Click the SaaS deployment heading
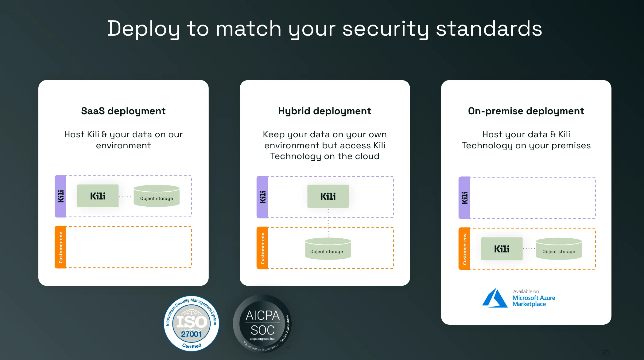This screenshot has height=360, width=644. (x=123, y=111)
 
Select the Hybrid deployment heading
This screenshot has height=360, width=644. (x=324, y=111)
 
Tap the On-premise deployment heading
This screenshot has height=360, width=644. (x=526, y=111)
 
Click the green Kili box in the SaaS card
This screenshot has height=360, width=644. (x=98, y=196)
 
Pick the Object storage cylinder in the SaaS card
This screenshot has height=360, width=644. (x=157, y=196)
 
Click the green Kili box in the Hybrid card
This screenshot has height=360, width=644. (x=328, y=196)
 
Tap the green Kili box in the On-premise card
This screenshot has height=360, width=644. (x=502, y=249)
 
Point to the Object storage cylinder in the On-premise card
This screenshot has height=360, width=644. (x=559, y=249)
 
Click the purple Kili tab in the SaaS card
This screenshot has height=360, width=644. (x=60, y=196)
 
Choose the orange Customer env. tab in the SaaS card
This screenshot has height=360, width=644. (x=60, y=247)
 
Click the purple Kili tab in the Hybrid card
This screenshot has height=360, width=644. (x=262, y=197)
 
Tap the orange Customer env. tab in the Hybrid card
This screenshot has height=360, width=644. (x=262, y=248)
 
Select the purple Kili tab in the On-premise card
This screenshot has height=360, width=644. (x=464, y=198)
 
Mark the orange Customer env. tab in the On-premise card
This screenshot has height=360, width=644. (x=464, y=249)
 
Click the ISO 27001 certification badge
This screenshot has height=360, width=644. (x=192, y=323)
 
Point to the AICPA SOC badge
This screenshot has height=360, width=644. (x=262, y=323)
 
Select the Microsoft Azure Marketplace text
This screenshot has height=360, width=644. (x=533, y=301)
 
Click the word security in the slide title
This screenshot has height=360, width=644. (x=386, y=29)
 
